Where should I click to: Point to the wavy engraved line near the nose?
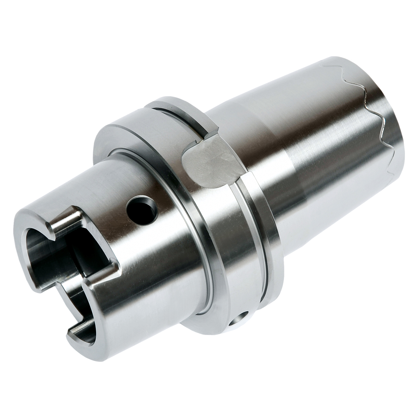(376, 108)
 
